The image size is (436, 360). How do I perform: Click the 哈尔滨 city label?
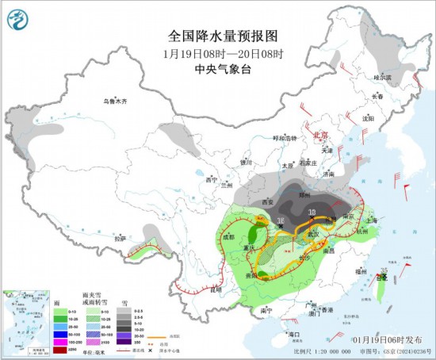click(x=383, y=77)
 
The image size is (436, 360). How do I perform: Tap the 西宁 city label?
click(x=209, y=180)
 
